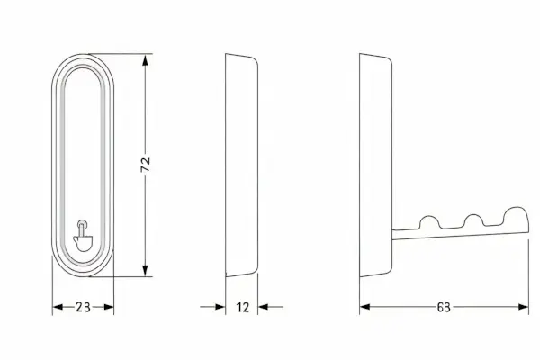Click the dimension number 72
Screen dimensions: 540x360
145,165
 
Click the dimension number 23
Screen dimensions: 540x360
83,307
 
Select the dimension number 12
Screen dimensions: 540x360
242,307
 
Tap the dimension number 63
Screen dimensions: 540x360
444,307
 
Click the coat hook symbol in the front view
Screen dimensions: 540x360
83,236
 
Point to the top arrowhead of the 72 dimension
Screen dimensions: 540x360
145,60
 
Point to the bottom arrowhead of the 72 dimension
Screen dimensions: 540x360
145,270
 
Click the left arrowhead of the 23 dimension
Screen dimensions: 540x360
58,307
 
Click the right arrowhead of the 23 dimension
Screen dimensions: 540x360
109,307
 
